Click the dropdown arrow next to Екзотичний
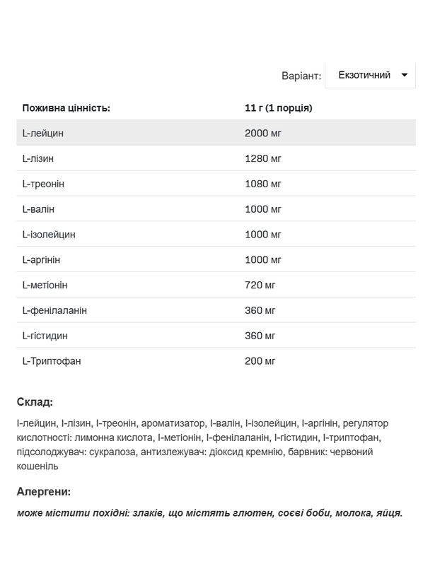405,75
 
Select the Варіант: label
301,76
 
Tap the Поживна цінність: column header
66,108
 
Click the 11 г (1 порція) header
278,108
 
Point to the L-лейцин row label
43,133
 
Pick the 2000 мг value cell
263,133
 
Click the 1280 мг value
263,158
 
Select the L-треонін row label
43,184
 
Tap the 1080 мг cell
263,184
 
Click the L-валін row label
38,209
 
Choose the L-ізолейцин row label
49,235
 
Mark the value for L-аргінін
263,260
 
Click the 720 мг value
260,285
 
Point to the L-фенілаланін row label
54,310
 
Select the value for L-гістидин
260,336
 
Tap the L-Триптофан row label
52,361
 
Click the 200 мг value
260,361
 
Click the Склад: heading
35,402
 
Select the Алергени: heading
44,492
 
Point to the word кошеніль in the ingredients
37,466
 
